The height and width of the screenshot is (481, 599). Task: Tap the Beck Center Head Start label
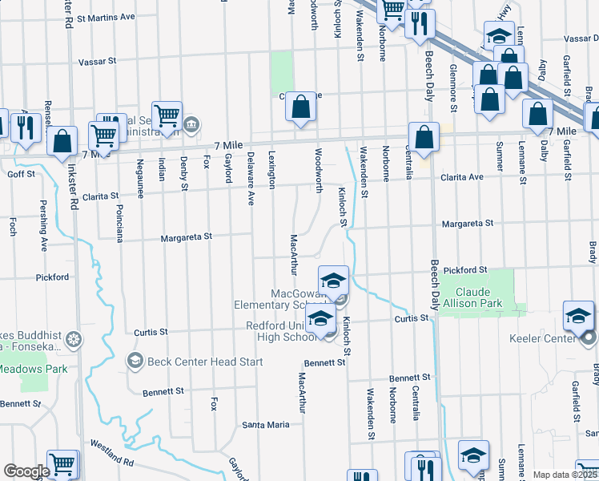point(194,362)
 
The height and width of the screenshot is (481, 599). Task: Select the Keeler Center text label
point(542,338)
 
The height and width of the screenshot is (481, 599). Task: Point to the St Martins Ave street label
point(105,17)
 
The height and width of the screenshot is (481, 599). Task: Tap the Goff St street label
point(21,174)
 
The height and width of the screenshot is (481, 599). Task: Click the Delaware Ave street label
point(251,177)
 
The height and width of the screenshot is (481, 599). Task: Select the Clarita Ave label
point(464,176)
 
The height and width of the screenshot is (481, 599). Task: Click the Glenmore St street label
point(453,88)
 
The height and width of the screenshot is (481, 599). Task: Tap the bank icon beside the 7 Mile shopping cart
point(191,124)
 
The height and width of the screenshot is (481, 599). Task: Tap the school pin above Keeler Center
point(577,316)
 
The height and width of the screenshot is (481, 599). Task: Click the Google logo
point(26,471)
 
